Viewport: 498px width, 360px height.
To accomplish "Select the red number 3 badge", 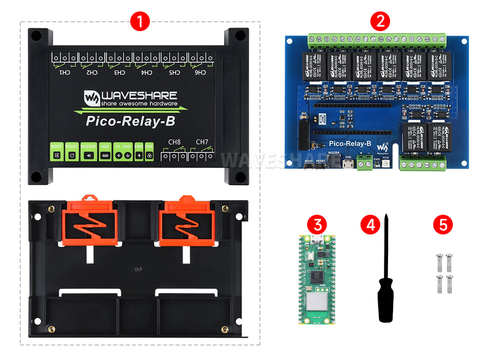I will pos(317,225).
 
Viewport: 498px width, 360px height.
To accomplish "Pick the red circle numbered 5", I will pos(442,225).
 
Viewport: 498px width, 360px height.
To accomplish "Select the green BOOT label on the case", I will pos(56,147).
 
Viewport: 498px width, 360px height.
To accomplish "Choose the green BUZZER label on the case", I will pos(89,147).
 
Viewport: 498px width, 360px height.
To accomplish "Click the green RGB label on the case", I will pos(149,147).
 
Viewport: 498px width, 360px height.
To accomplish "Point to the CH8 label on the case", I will pos(174,142).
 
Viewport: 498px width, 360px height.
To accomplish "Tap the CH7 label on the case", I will pos(201,142).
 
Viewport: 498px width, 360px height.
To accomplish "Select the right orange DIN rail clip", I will pos(185,221).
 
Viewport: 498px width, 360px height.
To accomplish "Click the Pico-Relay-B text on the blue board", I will pos(350,144).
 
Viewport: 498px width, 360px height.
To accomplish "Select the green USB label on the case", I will pos(105,147).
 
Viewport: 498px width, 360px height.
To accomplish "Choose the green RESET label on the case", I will pos(72,147).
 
